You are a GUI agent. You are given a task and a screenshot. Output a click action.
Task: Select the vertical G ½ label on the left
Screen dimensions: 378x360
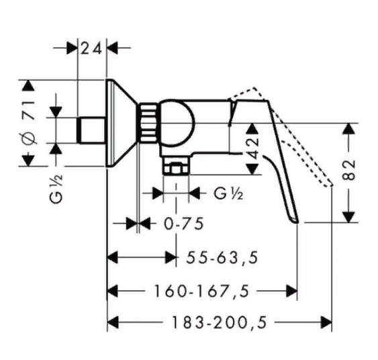pyautogui.click(x=57, y=189)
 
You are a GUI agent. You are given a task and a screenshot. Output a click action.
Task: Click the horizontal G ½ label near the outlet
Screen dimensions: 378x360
pyautogui.click(x=228, y=193)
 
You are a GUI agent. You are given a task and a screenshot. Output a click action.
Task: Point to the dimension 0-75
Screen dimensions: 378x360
pyautogui.click(x=184, y=224)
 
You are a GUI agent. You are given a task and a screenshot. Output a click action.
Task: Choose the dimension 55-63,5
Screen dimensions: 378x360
pyautogui.click(x=222, y=257)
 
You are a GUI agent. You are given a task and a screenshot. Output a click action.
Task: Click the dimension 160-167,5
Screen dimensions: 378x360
pyautogui.click(x=201, y=291)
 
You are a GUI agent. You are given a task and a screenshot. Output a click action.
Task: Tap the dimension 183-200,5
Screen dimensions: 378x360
pyautogui.click(x=220, y=322)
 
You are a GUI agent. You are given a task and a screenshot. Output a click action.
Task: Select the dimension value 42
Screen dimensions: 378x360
pyautogui.click(x=253, y=148)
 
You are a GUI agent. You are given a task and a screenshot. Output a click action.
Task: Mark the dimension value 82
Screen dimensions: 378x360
pyautogui.click(x=349, y=169)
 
